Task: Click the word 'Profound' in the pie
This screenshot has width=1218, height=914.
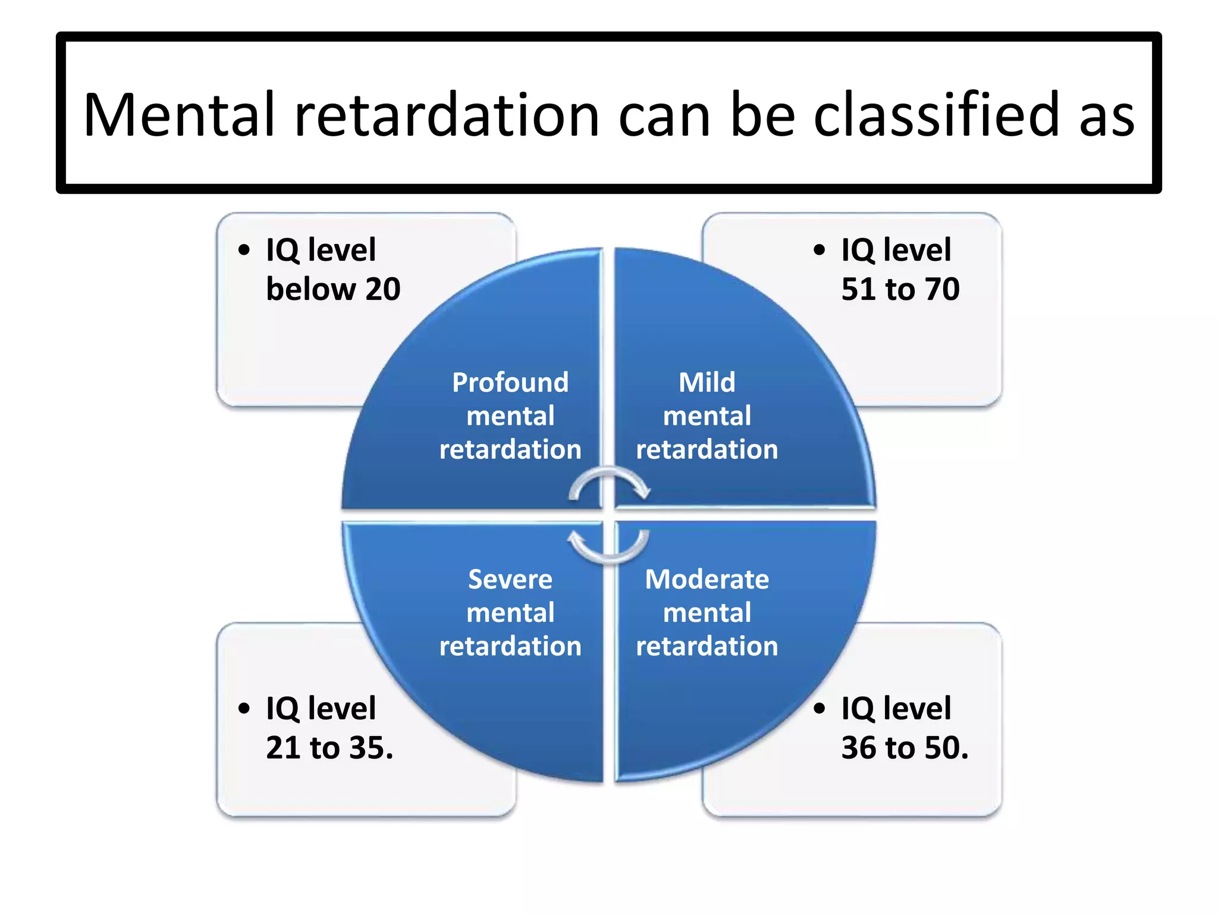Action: coord(510,383)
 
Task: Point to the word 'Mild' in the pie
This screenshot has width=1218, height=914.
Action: coord(707,382)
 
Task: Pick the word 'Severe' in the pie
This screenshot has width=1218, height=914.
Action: coord(510,579)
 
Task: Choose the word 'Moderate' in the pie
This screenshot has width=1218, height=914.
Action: coord(707,579)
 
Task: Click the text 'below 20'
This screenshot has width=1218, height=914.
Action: coord(333,289)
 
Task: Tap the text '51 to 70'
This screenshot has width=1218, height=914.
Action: coord(900,289)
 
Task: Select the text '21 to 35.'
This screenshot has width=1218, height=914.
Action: coord(329,748)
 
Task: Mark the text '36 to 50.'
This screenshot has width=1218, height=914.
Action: coord(905,748)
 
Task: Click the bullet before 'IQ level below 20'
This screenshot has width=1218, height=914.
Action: coord(244,250)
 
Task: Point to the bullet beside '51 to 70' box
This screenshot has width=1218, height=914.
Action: coord(820,250)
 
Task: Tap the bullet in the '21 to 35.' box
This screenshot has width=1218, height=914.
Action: coord(244,708)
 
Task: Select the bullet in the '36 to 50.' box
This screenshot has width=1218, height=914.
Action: coord(820,708)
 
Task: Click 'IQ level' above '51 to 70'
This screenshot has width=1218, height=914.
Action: coord(896,249)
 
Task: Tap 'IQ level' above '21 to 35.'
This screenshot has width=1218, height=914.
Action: coord(321,708)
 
